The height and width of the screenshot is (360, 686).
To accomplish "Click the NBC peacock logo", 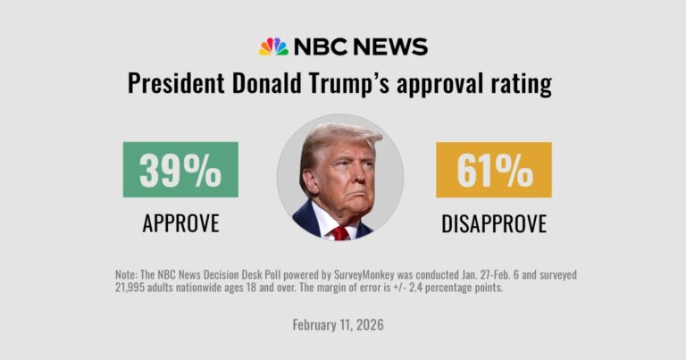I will [273, 46].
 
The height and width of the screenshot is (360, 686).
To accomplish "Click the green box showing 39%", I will [180, 170].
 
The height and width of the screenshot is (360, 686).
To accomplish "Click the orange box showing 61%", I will [493, 170].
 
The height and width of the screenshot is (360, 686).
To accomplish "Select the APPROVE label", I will [180, 224].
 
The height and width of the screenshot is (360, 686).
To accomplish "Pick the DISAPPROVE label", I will [493, 224].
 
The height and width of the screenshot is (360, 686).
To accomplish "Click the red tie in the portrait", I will [340, 232].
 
